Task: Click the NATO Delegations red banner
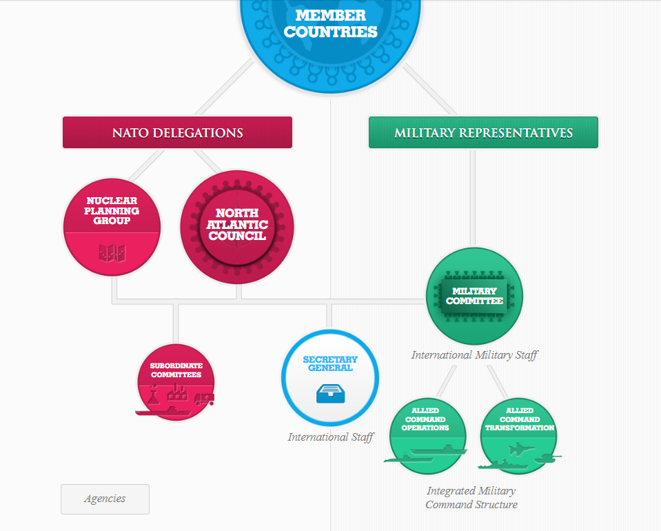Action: [x=177, y=132]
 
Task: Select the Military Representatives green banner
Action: [x=484, y=132]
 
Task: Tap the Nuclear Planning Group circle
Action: [x=112, y=227]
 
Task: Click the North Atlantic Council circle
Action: [x=237, y=227]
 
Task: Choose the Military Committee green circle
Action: [x=474, y=296]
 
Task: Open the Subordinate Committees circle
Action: [x=176, y=382]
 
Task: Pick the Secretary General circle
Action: [x=330, y=378]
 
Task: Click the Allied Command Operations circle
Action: [x=427, y=437]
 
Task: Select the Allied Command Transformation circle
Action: [x=520, y=437]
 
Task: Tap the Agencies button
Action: [x=105, y=499]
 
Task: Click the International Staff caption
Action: [x=331, y=437]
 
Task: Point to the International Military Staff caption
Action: [x=475, y=355]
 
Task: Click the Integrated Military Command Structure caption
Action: [x=471, y=498]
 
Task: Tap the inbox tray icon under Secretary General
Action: [x=331, y=394]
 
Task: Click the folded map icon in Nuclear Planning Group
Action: [x=112, y=254]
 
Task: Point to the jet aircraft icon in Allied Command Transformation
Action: [x=522, y=449]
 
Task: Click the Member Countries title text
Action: [x=331, y=23]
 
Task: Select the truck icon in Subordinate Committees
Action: [x=205, y=399]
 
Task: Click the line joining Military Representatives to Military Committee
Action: [x=473, y=198]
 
